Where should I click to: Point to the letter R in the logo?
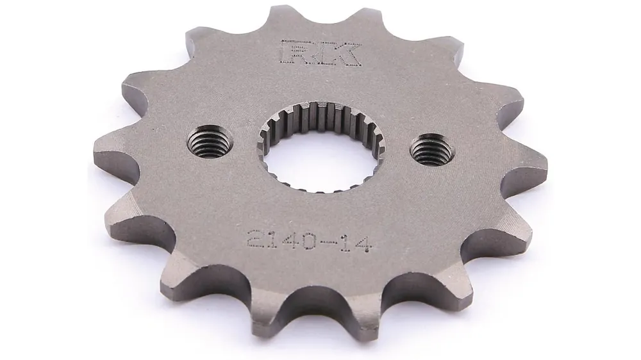pos(299,52)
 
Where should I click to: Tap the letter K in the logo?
pos(340,53)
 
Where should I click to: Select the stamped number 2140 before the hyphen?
pos(281,239)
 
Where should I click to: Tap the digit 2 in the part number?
pos(256,236)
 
